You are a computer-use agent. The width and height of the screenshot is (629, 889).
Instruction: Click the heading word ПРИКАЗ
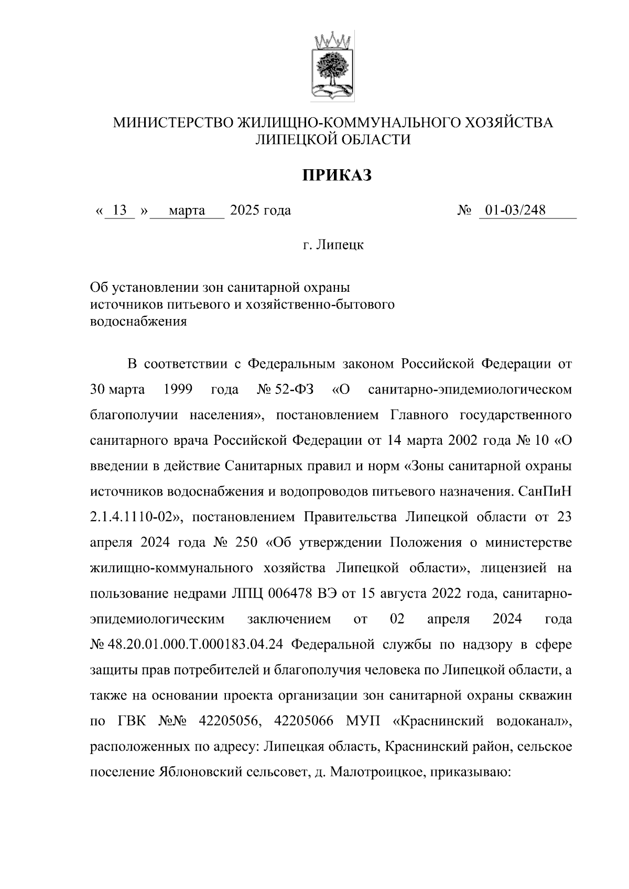tap(337, 175)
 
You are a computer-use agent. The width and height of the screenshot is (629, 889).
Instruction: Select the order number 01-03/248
tap(515, 211)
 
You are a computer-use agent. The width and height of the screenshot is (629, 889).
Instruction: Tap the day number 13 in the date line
tap(120, 211)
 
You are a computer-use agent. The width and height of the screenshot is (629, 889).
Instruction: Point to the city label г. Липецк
tap(333, 245)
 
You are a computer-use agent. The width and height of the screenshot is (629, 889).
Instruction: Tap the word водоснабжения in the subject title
tap(138, 322)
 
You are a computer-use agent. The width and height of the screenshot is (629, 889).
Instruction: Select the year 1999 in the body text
tap(178, 390)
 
